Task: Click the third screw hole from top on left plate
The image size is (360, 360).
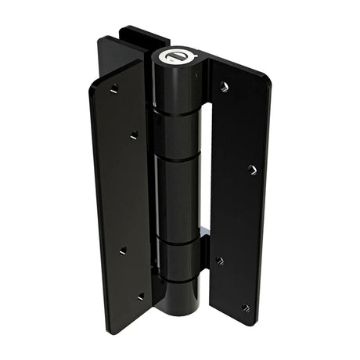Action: coord(122,250)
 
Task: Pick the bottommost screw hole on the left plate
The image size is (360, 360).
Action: coord(141,297)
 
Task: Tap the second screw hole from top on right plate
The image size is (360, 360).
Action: coord(251,168)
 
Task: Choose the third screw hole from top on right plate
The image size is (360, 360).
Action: coord(220,261)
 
